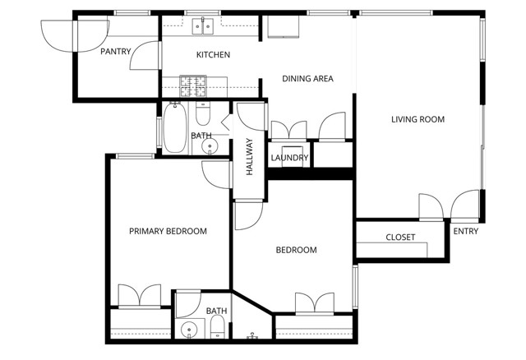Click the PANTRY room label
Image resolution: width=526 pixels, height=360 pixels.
click(117, 52)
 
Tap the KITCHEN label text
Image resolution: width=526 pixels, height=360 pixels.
click(213, 55)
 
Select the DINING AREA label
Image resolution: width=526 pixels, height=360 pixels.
click(307, 79)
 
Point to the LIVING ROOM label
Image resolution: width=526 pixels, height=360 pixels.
click(418, 119)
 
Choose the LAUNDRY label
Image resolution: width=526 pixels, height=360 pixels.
click(288, 158)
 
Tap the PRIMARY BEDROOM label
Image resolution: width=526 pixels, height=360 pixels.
click(168, 231)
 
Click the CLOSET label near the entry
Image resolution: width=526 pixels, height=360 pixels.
click(400, 238)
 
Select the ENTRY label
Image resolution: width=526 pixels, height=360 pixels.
click(465, 231)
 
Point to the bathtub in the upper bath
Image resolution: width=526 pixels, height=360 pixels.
click(175, 128)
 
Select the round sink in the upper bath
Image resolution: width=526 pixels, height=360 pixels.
click(210, 147)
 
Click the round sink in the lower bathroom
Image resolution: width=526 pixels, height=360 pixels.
click(189, 331)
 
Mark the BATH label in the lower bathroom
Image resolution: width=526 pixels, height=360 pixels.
click(216, 311)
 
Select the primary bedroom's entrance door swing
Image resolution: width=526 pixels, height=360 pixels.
click(216, 174)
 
